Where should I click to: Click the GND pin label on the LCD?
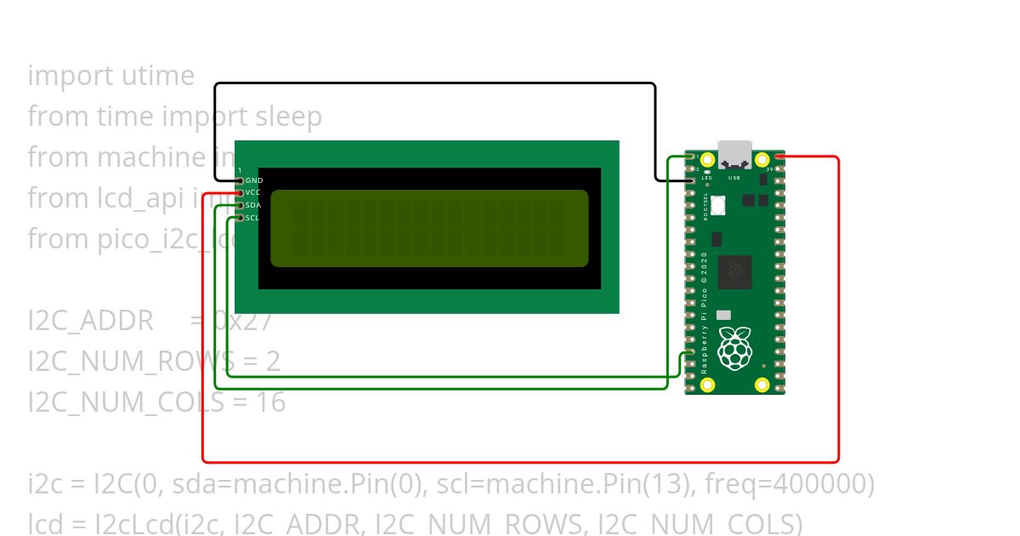(x=254, y=180)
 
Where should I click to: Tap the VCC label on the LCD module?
(x=253, y=193)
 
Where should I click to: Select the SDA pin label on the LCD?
(x=253, y=205)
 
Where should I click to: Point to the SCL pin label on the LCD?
(x=252, y=218)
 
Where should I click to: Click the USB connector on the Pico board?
(x=734, y=154)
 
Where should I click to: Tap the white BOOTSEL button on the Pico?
(x=719, y=204)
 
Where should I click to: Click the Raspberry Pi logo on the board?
(x=734, y=348)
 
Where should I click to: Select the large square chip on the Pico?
(x=734, y=271)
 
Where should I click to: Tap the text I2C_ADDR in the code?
(x=90, y=322)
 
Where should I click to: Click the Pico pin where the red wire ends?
(x=779, y=157)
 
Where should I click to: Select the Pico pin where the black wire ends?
(x=691, y=180)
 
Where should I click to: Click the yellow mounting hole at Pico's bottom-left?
(x=707, y=385)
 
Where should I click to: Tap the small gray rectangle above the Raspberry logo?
(x=723, y=315)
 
